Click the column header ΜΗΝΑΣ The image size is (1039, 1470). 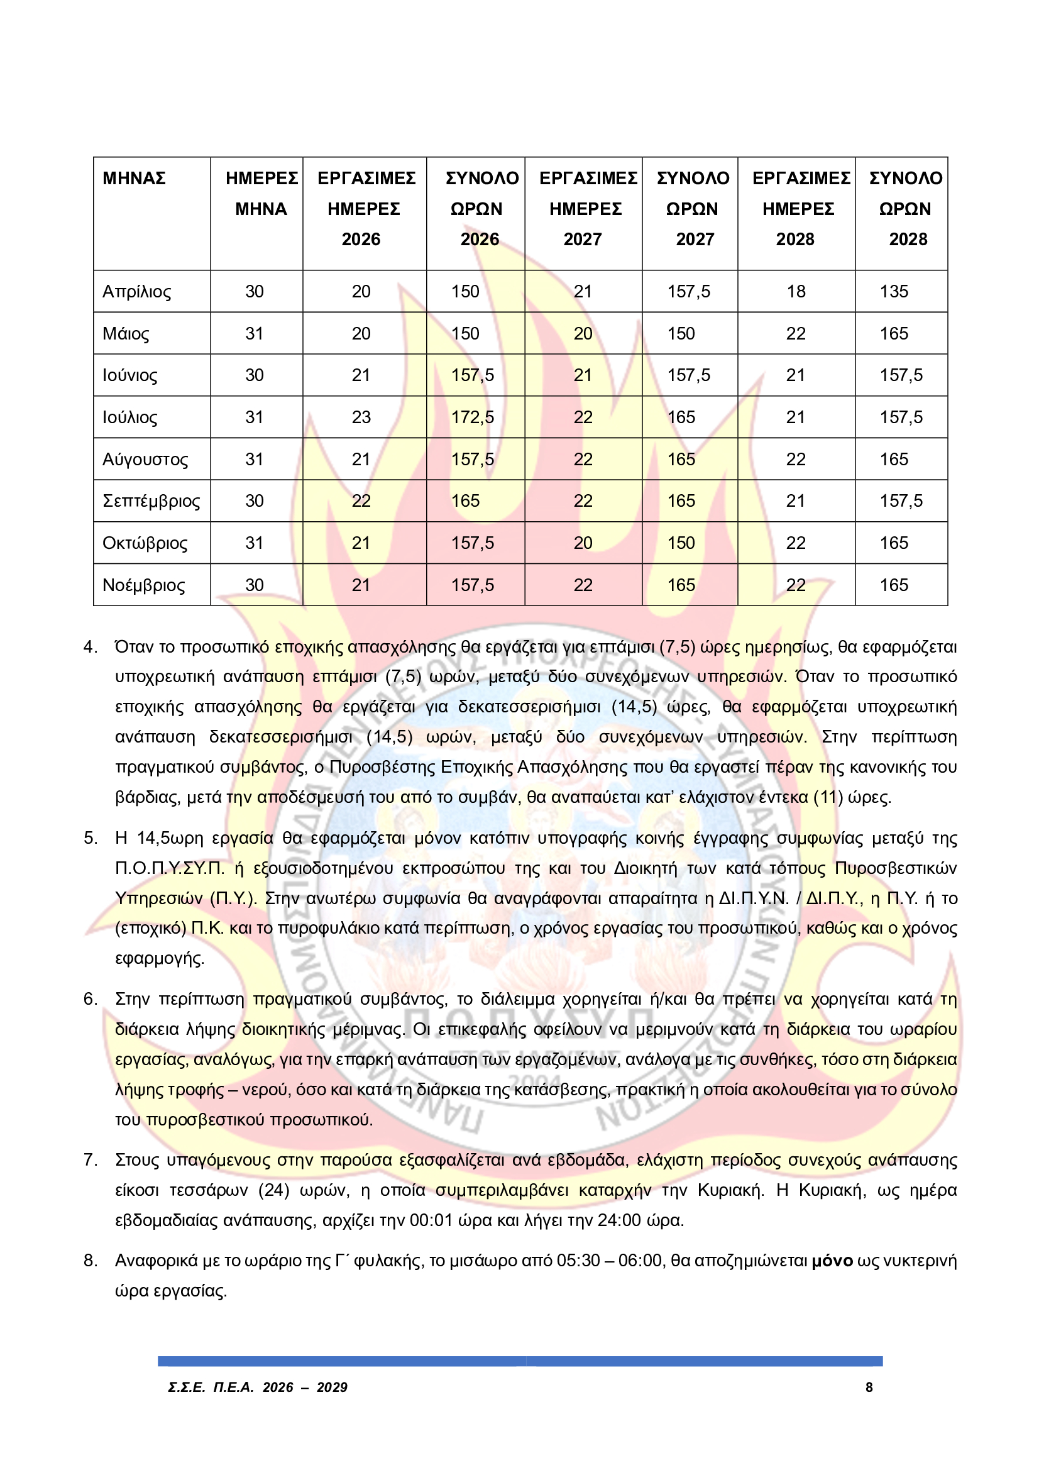tap(134, 178)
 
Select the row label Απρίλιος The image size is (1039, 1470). tap(137, 292)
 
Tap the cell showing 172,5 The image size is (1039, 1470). tap(473, 417)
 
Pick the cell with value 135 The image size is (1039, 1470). tap(894, 292)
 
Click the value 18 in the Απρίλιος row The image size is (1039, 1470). tap(796, 292)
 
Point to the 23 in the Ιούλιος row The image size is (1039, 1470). tap(361, 417)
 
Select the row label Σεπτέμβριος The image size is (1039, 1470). tap(151, 501)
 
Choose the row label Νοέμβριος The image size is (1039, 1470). tap(143, 585)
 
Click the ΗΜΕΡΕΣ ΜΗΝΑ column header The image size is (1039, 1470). tap(261, 194)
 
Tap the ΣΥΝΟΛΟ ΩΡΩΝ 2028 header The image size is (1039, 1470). tap(905, 208)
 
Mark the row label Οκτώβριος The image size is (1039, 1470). tap(145, 544)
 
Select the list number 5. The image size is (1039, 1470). tap(90, 839)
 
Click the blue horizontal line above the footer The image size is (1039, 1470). tap(520, 1361)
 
